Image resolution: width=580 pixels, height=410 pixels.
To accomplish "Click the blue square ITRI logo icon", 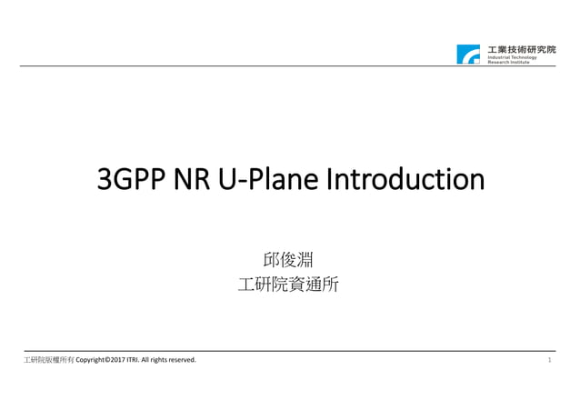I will pyautogui.click(x=468, y=54).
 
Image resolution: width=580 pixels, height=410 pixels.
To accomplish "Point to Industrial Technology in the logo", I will pyautogui.click(x=513, y=57).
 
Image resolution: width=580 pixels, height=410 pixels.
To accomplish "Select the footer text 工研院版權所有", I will pyautogui.click(x=49, y=361).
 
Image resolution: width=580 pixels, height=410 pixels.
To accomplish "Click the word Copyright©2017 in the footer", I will pyautogui.click(x=104, y=361).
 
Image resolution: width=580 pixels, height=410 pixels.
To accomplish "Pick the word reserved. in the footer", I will pyautogui.click(x=181, y=361).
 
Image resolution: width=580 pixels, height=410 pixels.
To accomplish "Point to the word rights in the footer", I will pyautogui.click(x=159, y=361).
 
